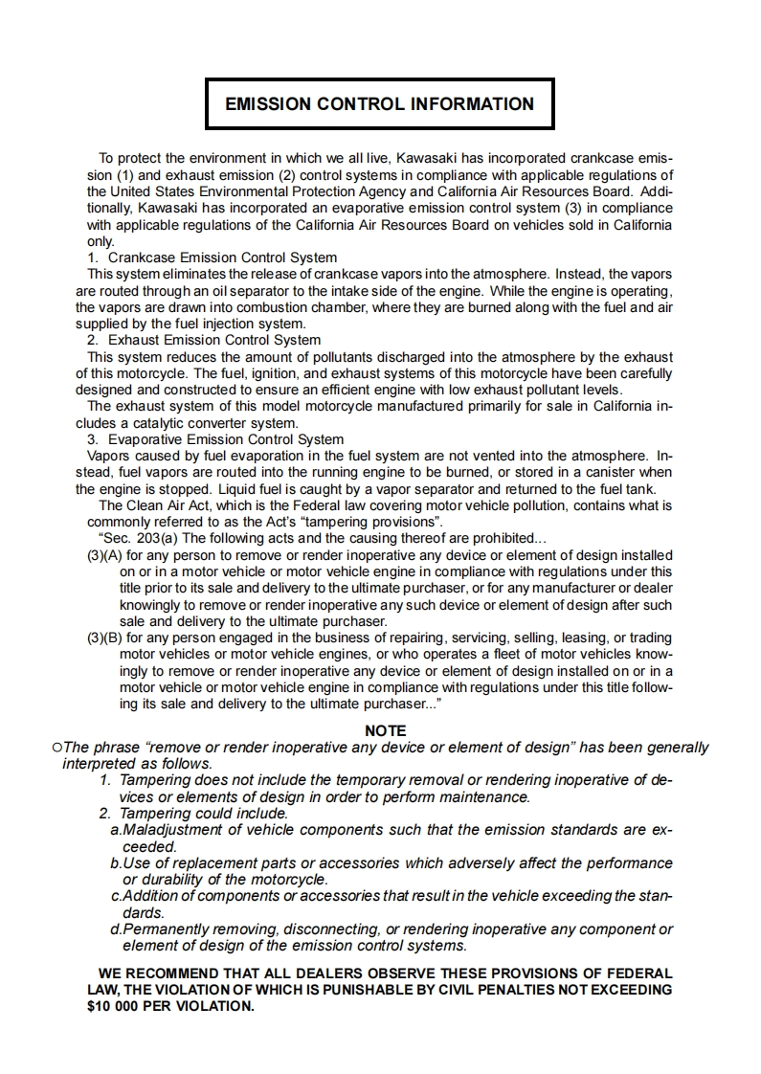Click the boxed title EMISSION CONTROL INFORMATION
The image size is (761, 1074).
(379, 104)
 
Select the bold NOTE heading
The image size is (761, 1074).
(386, 731)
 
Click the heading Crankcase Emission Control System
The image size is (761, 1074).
(222, 257)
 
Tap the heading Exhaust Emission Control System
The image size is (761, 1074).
(214, 340)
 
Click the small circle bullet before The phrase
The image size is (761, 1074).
(57, 748)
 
